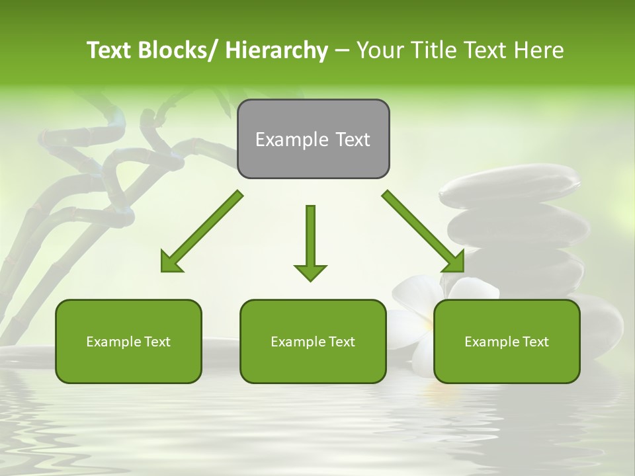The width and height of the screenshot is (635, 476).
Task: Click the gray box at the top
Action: (313, 139)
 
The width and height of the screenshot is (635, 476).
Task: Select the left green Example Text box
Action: (128, 341)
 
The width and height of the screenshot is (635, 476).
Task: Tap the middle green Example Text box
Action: (313, 341)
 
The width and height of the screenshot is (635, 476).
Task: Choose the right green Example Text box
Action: (507, 341)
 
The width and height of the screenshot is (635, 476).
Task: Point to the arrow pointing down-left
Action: (201, 232)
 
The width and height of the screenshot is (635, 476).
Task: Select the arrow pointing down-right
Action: (423, 231)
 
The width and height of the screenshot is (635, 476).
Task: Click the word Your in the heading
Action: (380, 50)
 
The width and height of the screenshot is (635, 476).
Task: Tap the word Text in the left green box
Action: (157, 342)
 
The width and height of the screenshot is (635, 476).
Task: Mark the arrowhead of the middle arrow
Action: (310, 272)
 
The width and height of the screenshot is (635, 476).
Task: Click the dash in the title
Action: (342, 50)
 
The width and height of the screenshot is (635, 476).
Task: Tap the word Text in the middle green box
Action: (342, 342)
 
